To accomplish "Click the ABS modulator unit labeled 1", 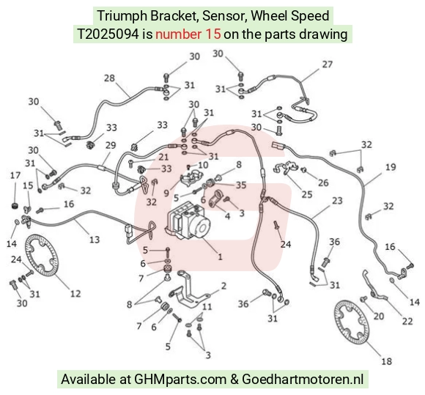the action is click(x=188, y=221).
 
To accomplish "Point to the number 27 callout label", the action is click(x=327, y=64).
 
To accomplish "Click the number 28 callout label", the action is click(x=109, y=78).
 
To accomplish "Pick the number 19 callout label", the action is click(x=391, y=167).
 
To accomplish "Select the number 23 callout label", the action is click(x=337, y=201).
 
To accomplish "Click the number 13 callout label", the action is click(x=95, y=240).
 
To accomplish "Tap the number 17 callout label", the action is click(x=15, y=175).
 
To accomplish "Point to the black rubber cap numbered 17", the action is click(x=15, y=206).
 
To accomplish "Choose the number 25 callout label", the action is click(x=307, y=194).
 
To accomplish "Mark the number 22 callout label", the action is click(x=407, y=321).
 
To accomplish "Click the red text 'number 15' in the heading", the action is click(x=188, y=34).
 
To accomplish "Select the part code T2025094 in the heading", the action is click(x=108, y=34).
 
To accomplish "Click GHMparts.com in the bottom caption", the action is click(x=180, y=380).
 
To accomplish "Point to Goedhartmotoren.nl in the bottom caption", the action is click(x=303, y=379).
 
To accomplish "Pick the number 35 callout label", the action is click(x=240, y=185).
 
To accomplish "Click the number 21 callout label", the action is click(x=163, y=157).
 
